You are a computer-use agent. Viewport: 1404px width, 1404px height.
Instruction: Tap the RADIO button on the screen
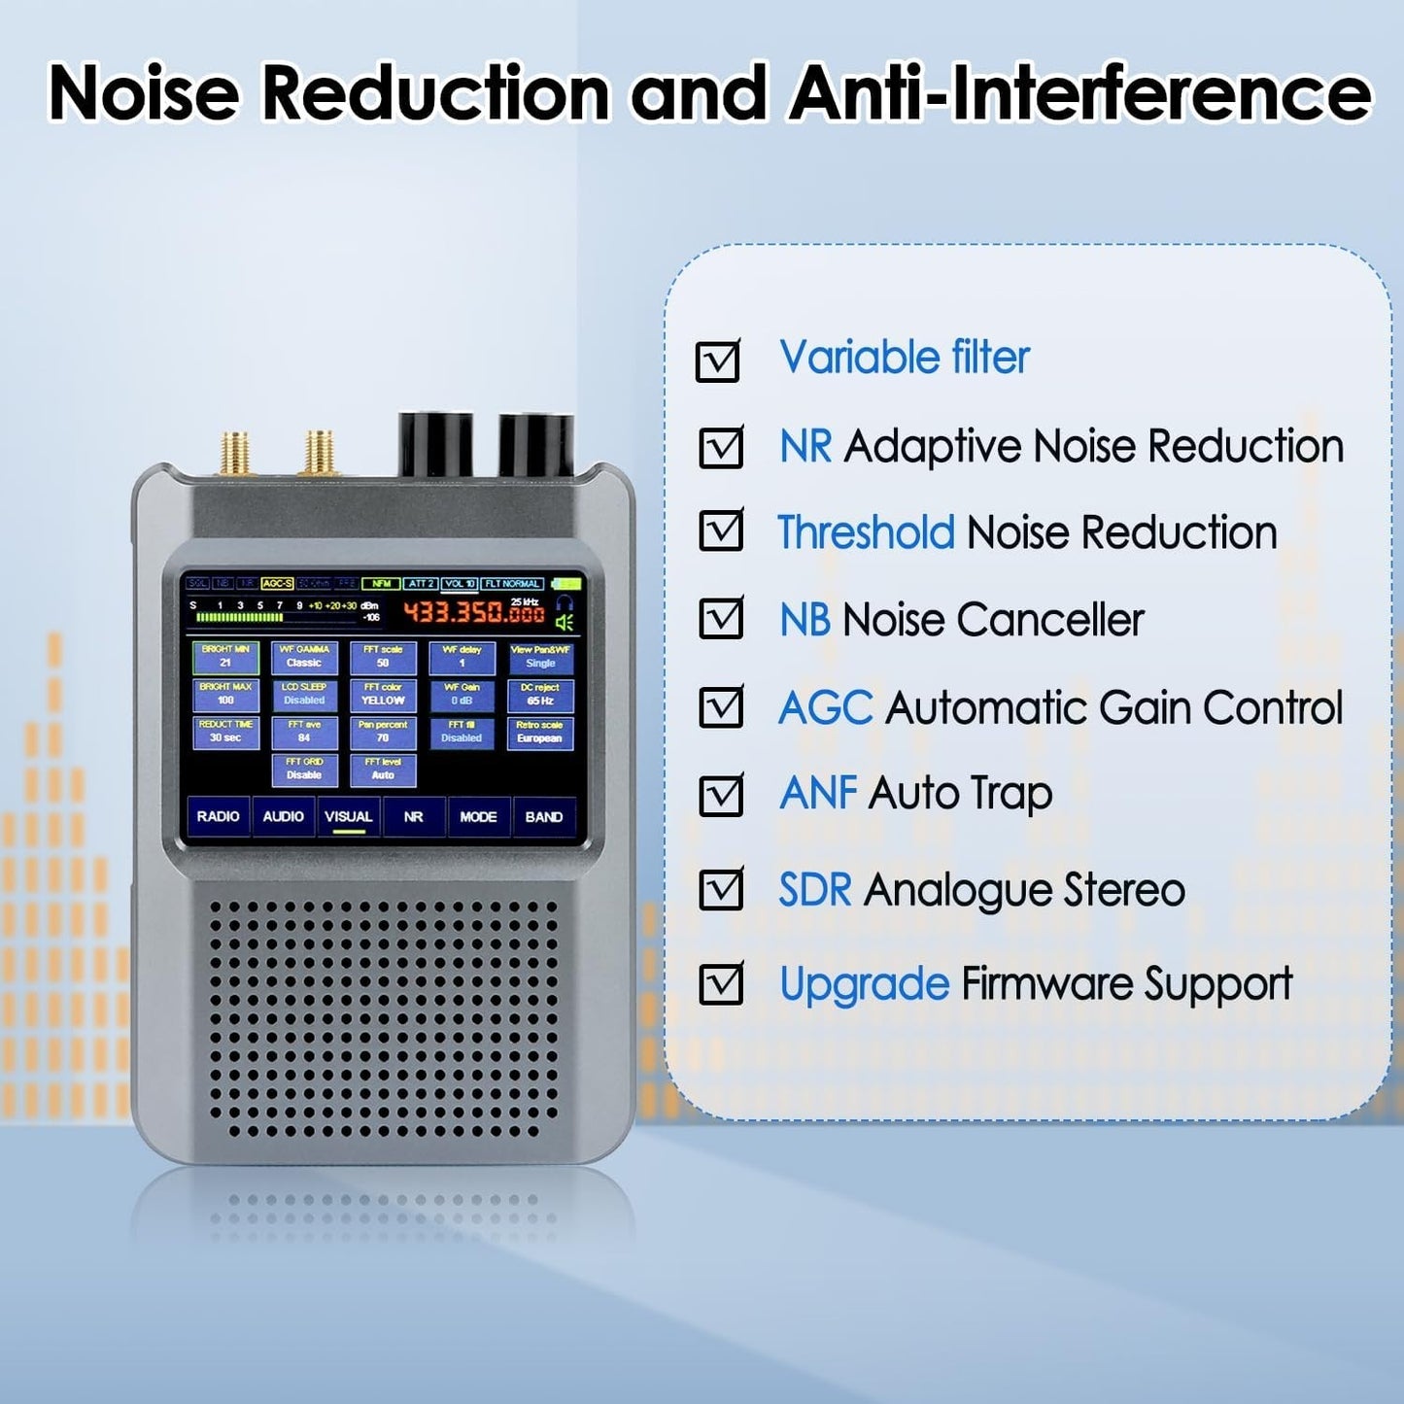pos(218,817)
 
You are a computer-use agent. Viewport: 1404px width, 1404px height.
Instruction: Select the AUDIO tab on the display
pos(283,817)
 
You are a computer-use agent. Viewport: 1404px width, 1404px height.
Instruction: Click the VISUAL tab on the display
pos(349,817)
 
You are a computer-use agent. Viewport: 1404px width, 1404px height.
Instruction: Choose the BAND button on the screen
pos(544,817)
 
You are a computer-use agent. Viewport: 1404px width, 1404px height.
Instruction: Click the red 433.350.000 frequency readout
pos(474,612)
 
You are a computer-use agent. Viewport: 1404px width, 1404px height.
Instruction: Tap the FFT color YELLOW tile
pos(383,695)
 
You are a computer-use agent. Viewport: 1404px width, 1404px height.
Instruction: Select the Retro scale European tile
pos(539,733)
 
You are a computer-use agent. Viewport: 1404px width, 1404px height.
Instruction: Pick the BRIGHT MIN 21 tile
pos(225,657)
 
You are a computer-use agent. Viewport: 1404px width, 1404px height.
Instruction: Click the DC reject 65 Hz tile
pos(540,695)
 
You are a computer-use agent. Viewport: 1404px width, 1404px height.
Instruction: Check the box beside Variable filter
pos(718,361)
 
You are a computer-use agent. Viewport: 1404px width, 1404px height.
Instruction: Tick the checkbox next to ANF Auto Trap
pos(721,796)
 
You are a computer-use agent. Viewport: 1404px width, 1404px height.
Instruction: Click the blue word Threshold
pos(867,532)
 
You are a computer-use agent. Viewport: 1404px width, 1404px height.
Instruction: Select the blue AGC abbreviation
pos(826,708)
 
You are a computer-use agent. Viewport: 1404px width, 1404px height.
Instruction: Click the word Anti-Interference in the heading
pos(1079,93)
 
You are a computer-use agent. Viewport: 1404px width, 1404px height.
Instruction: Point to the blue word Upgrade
pos(864,984)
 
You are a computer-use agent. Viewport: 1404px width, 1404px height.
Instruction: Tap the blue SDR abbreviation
pos(815,890)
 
